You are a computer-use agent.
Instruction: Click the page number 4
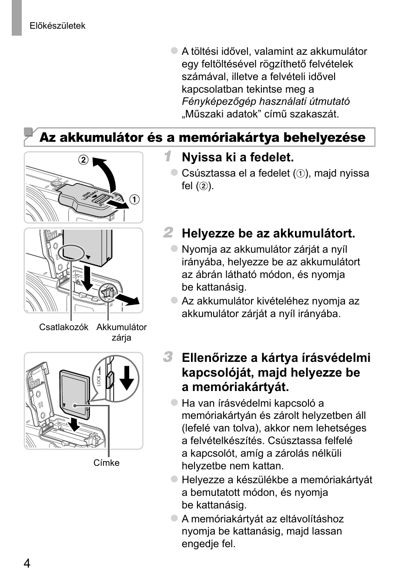[27, 564]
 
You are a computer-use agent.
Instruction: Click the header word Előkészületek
[57, 26]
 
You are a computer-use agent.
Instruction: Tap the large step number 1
[167, 157]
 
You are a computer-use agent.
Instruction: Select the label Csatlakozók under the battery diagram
[64, 327]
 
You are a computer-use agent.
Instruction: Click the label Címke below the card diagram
[106, 463]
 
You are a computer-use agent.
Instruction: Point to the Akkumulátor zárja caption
[121, 332]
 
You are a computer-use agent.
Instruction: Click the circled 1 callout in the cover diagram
[135, 200]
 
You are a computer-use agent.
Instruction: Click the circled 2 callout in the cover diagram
[83, 160]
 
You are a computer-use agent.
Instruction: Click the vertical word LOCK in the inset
[99, 381]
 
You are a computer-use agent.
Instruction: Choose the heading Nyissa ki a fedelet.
[238, 157]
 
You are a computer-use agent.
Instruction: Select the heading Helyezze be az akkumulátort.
[268, 234]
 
